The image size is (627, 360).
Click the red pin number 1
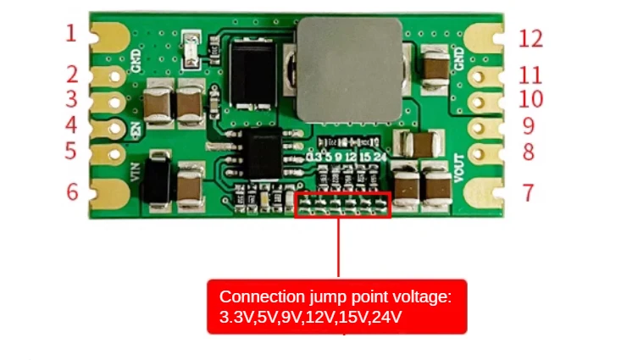coord(71,34)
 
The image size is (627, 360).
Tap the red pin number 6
coord(73,192)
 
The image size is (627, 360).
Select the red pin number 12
coord(530,38)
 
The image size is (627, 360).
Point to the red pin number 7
coord(528,193)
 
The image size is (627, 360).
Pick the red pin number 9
coord(528,127)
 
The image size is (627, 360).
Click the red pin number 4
coord(71,125)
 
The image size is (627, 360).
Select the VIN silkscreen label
coord(136,171)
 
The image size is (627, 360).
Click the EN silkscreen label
coord(136,130)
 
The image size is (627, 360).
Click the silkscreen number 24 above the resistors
coord(380,157)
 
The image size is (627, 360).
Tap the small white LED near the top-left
coord(194,48)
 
